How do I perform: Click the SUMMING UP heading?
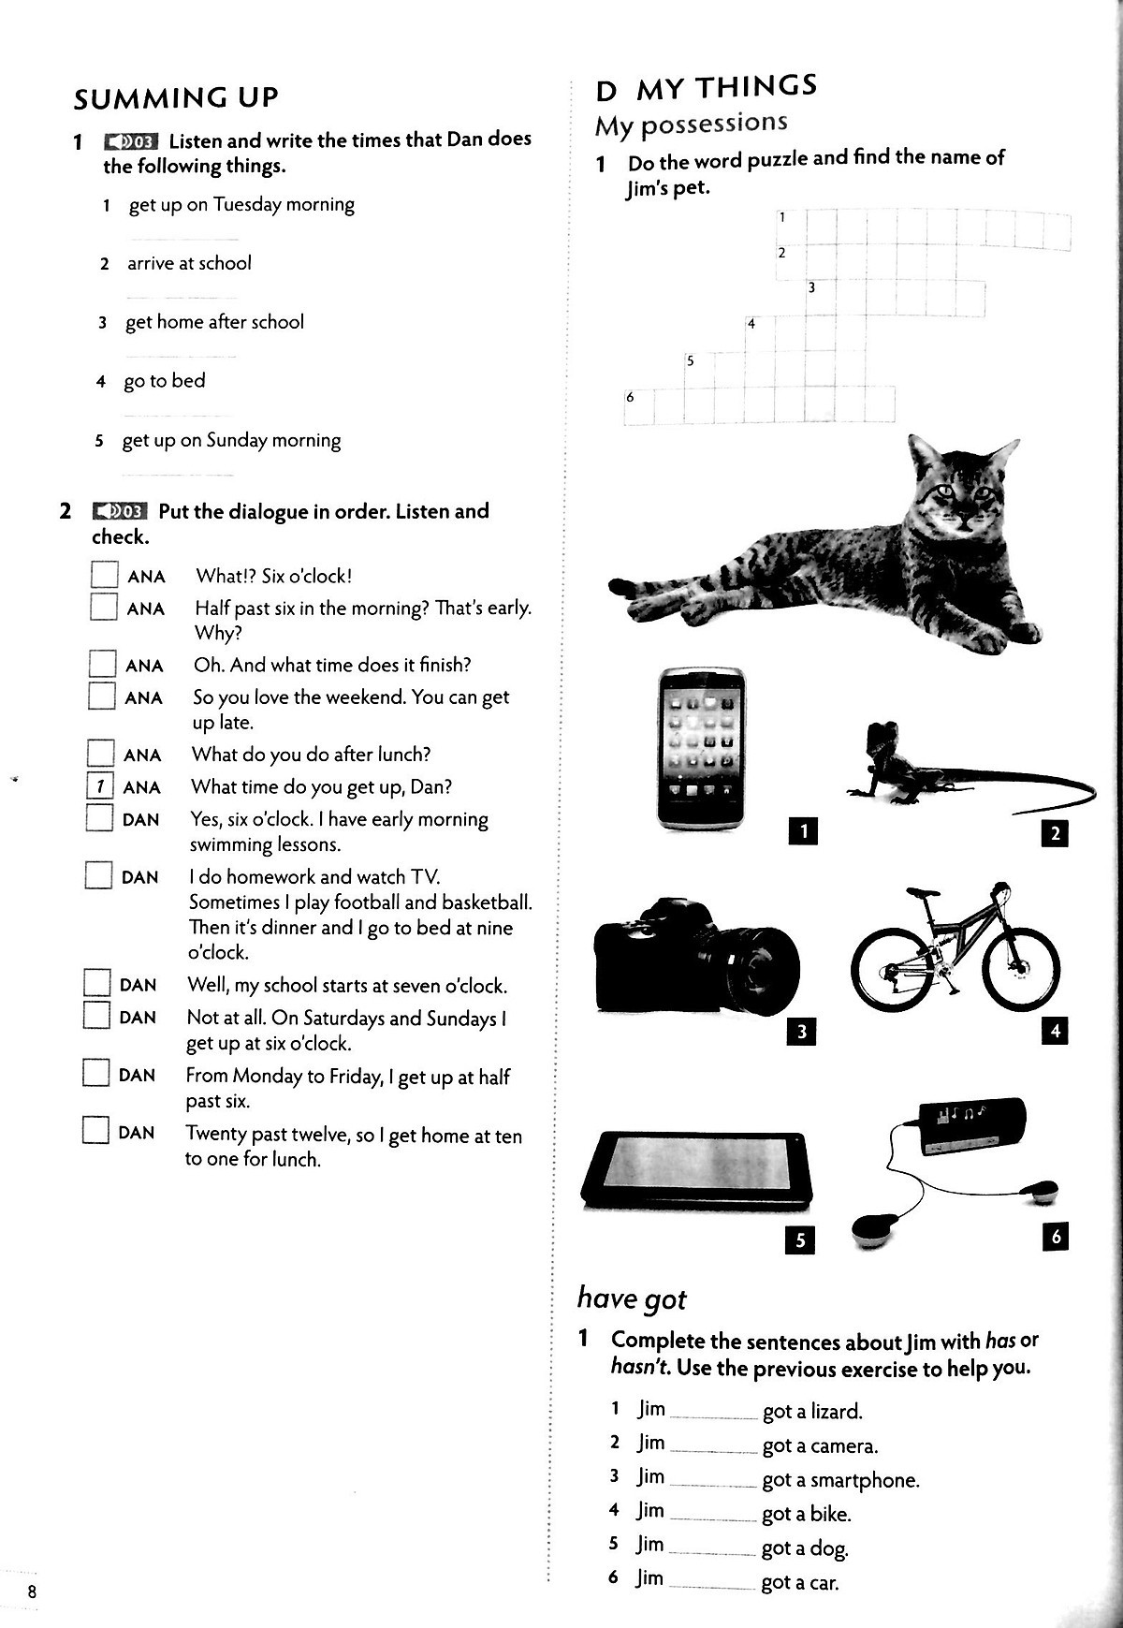176,98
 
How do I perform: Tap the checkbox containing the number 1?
99,786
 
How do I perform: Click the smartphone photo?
702,747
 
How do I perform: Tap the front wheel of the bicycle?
1023,970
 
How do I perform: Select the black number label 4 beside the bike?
1055,1031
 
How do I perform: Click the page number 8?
32,1592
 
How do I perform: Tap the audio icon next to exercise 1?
131,141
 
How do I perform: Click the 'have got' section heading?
632,1298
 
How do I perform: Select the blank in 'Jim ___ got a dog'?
712,1547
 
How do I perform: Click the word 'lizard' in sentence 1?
836,1411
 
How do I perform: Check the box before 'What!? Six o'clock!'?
104,574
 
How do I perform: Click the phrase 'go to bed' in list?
165,381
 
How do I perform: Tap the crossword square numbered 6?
638,405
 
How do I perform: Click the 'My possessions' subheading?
691,124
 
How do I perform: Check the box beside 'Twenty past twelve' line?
95,1130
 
